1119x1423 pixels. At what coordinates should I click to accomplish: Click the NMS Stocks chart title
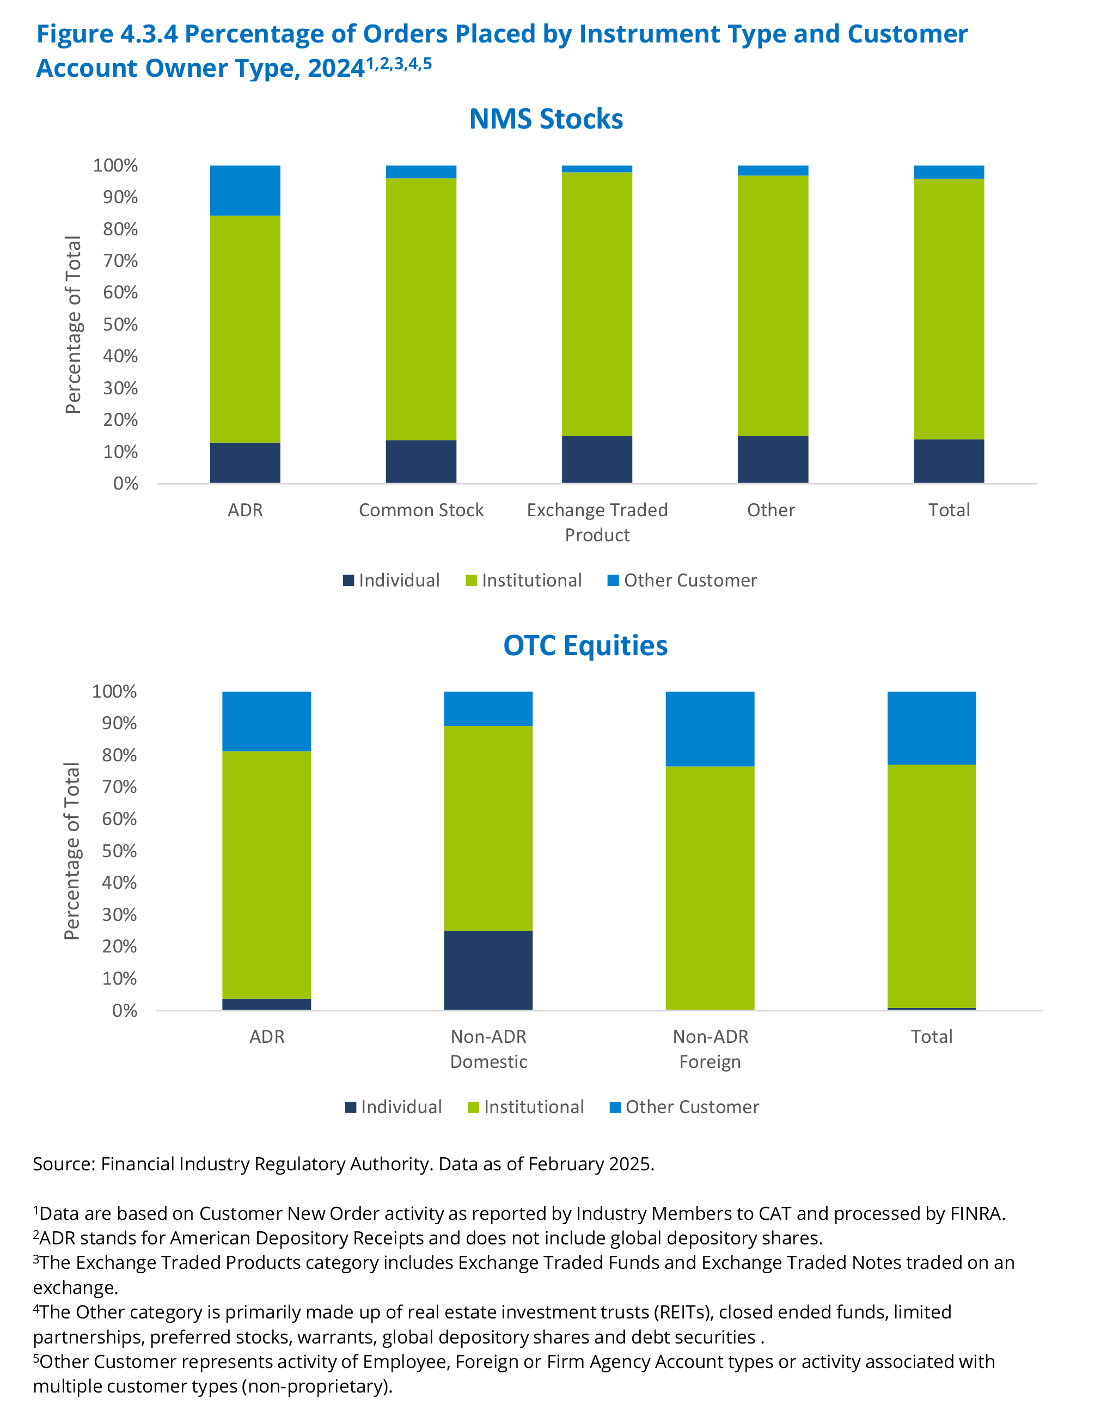pyautogui.click(x=546, y=119)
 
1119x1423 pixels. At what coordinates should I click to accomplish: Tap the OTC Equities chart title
pyautogui.click(x=585, y=645)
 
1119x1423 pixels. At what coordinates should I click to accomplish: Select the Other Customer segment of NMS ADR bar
pyautogui.click(x=245, y=190)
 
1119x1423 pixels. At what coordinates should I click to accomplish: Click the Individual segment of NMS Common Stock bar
pyautogui.click(x=420, y=461)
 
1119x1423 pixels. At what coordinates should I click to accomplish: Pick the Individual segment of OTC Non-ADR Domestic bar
pyautogui.click(x=488, y=969)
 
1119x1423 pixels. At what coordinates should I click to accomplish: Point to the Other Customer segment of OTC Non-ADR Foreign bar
pyautogui.click(x=710, y=729)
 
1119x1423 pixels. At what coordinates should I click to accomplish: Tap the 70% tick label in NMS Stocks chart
pyautogui.click(x=120, y=261)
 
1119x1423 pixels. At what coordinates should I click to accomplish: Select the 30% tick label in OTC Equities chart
pyautogui.click(x=119, y=914)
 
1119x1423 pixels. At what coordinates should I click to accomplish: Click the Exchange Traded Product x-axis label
pyautogui.click(x=597, y=522)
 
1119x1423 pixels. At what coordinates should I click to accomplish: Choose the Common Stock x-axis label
pyautogui.click(x=420, y=510)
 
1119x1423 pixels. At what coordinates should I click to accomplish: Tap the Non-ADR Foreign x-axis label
pyautogui.click(x=710, y=1049)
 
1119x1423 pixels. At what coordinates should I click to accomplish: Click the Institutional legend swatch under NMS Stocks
pyautogui.click(x=471, y=581)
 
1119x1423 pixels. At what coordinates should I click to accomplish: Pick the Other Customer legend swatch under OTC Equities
pyautogui.click(x=615, y=1107)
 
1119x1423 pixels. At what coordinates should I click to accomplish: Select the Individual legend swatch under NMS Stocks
pyautogui.click(x=348, y=581)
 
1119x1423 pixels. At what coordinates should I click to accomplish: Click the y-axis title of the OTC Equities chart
pyautogui.click(x=71, y=851)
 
